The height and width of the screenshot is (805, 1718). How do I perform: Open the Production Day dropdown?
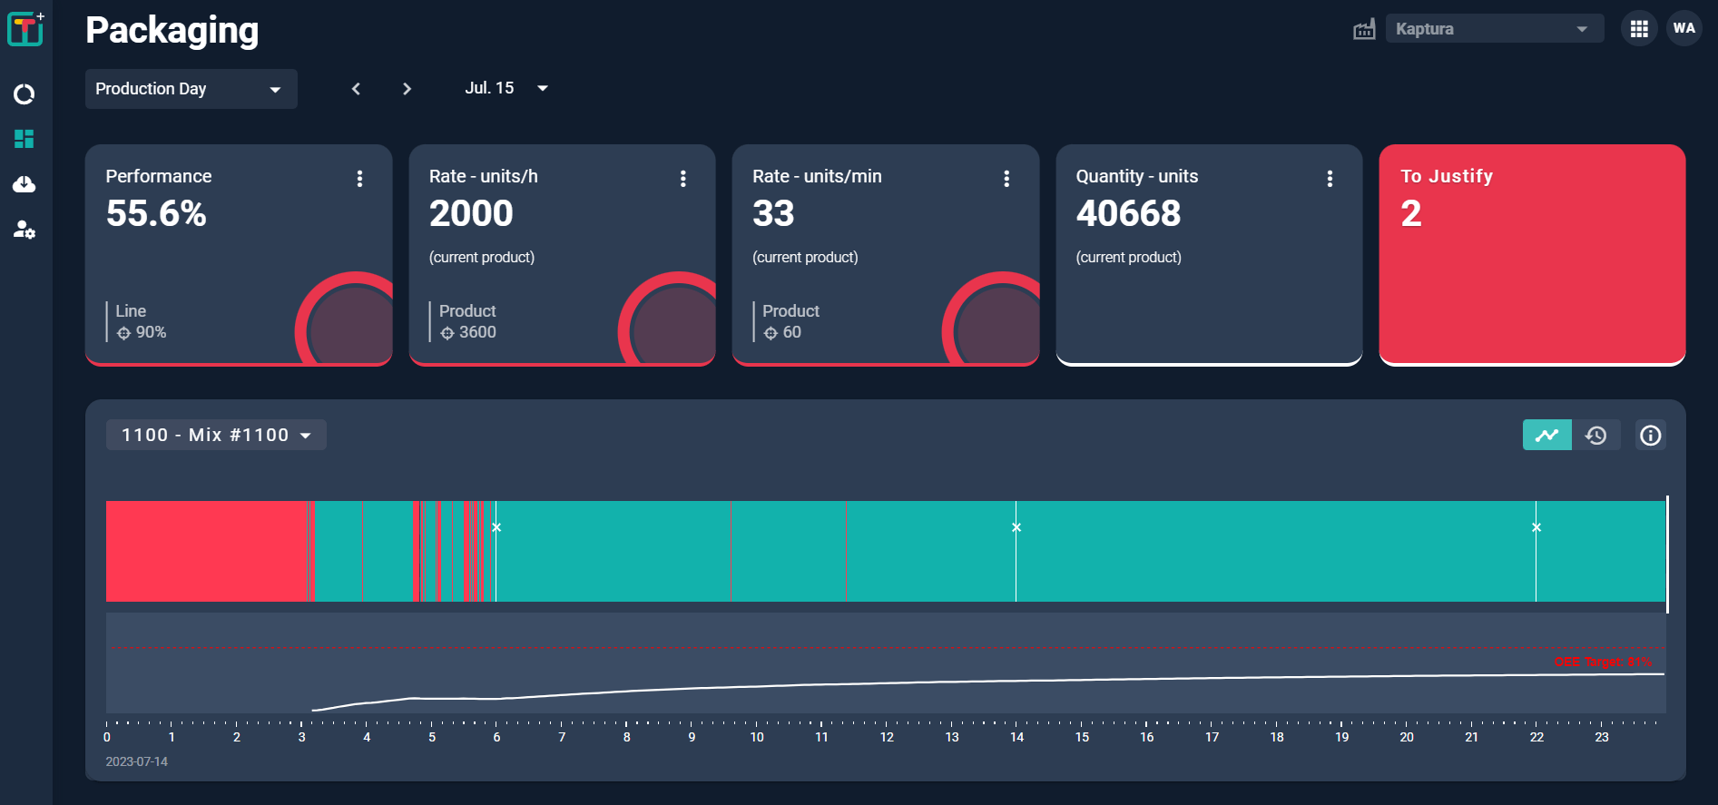pos(191,89)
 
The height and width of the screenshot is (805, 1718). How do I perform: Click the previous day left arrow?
pos(356,89)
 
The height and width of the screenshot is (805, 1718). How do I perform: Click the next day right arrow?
pos(407,89)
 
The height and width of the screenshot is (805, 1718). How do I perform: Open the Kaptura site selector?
pos(1494,29)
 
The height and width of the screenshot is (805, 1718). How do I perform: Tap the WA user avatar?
pos(1684,28)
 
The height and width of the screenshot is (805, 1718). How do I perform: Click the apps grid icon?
pos(1638,29)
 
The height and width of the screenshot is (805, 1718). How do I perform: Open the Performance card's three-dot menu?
pos(359,179)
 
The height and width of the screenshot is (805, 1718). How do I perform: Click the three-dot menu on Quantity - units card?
pos(1330,179)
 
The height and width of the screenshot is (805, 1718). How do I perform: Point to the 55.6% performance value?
pos(156,214)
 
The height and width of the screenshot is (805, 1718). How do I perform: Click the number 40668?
pos(1128,214)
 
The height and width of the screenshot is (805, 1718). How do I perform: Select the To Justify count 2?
pos(1410,214)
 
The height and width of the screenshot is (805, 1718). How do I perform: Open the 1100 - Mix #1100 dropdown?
pos(216,435)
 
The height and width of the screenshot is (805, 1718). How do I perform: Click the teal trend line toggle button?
pos(1546,435)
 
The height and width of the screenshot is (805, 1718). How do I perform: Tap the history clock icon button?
pos(1595,435)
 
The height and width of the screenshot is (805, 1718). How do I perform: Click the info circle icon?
pos(1650,435)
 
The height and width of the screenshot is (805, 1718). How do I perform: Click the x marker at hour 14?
pos(1016,527)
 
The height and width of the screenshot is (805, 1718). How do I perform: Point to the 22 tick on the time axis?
pos(1536,736)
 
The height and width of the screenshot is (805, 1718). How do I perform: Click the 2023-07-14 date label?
pos(136,761)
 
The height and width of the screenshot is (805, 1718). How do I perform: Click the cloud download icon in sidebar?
pos(25,184)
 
